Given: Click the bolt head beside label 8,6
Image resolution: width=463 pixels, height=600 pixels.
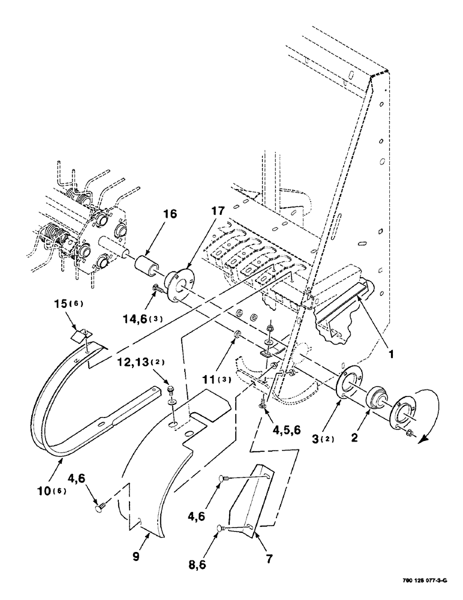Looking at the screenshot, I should pos(221,528).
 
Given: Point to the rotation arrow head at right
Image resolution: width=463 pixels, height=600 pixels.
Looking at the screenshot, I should pos(425,438).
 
